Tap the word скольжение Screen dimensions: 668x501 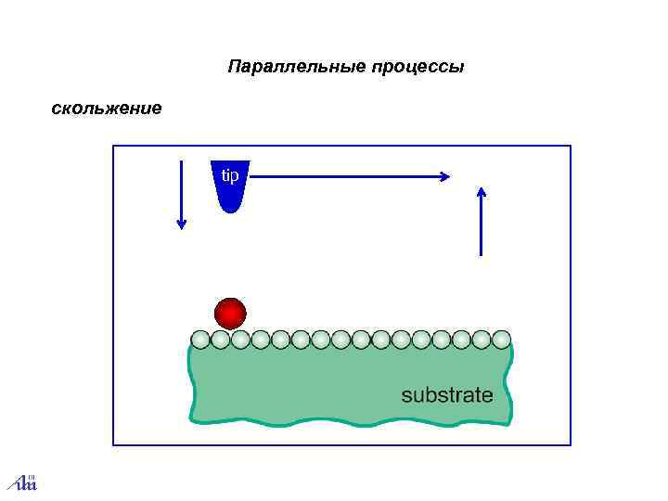106,109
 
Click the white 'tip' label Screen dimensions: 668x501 229,174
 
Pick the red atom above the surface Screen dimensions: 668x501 230,314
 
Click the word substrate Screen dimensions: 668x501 447,395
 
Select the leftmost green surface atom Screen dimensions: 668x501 200,340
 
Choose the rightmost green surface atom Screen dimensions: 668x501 501,340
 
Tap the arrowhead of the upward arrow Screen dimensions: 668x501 481,192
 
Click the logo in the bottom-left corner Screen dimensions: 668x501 21,482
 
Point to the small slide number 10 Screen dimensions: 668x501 30,476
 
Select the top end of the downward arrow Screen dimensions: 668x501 182,161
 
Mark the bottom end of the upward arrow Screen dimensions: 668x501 481,254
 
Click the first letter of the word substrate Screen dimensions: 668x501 405,396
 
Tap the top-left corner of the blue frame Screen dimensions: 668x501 113,146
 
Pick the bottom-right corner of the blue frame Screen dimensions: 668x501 571,445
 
